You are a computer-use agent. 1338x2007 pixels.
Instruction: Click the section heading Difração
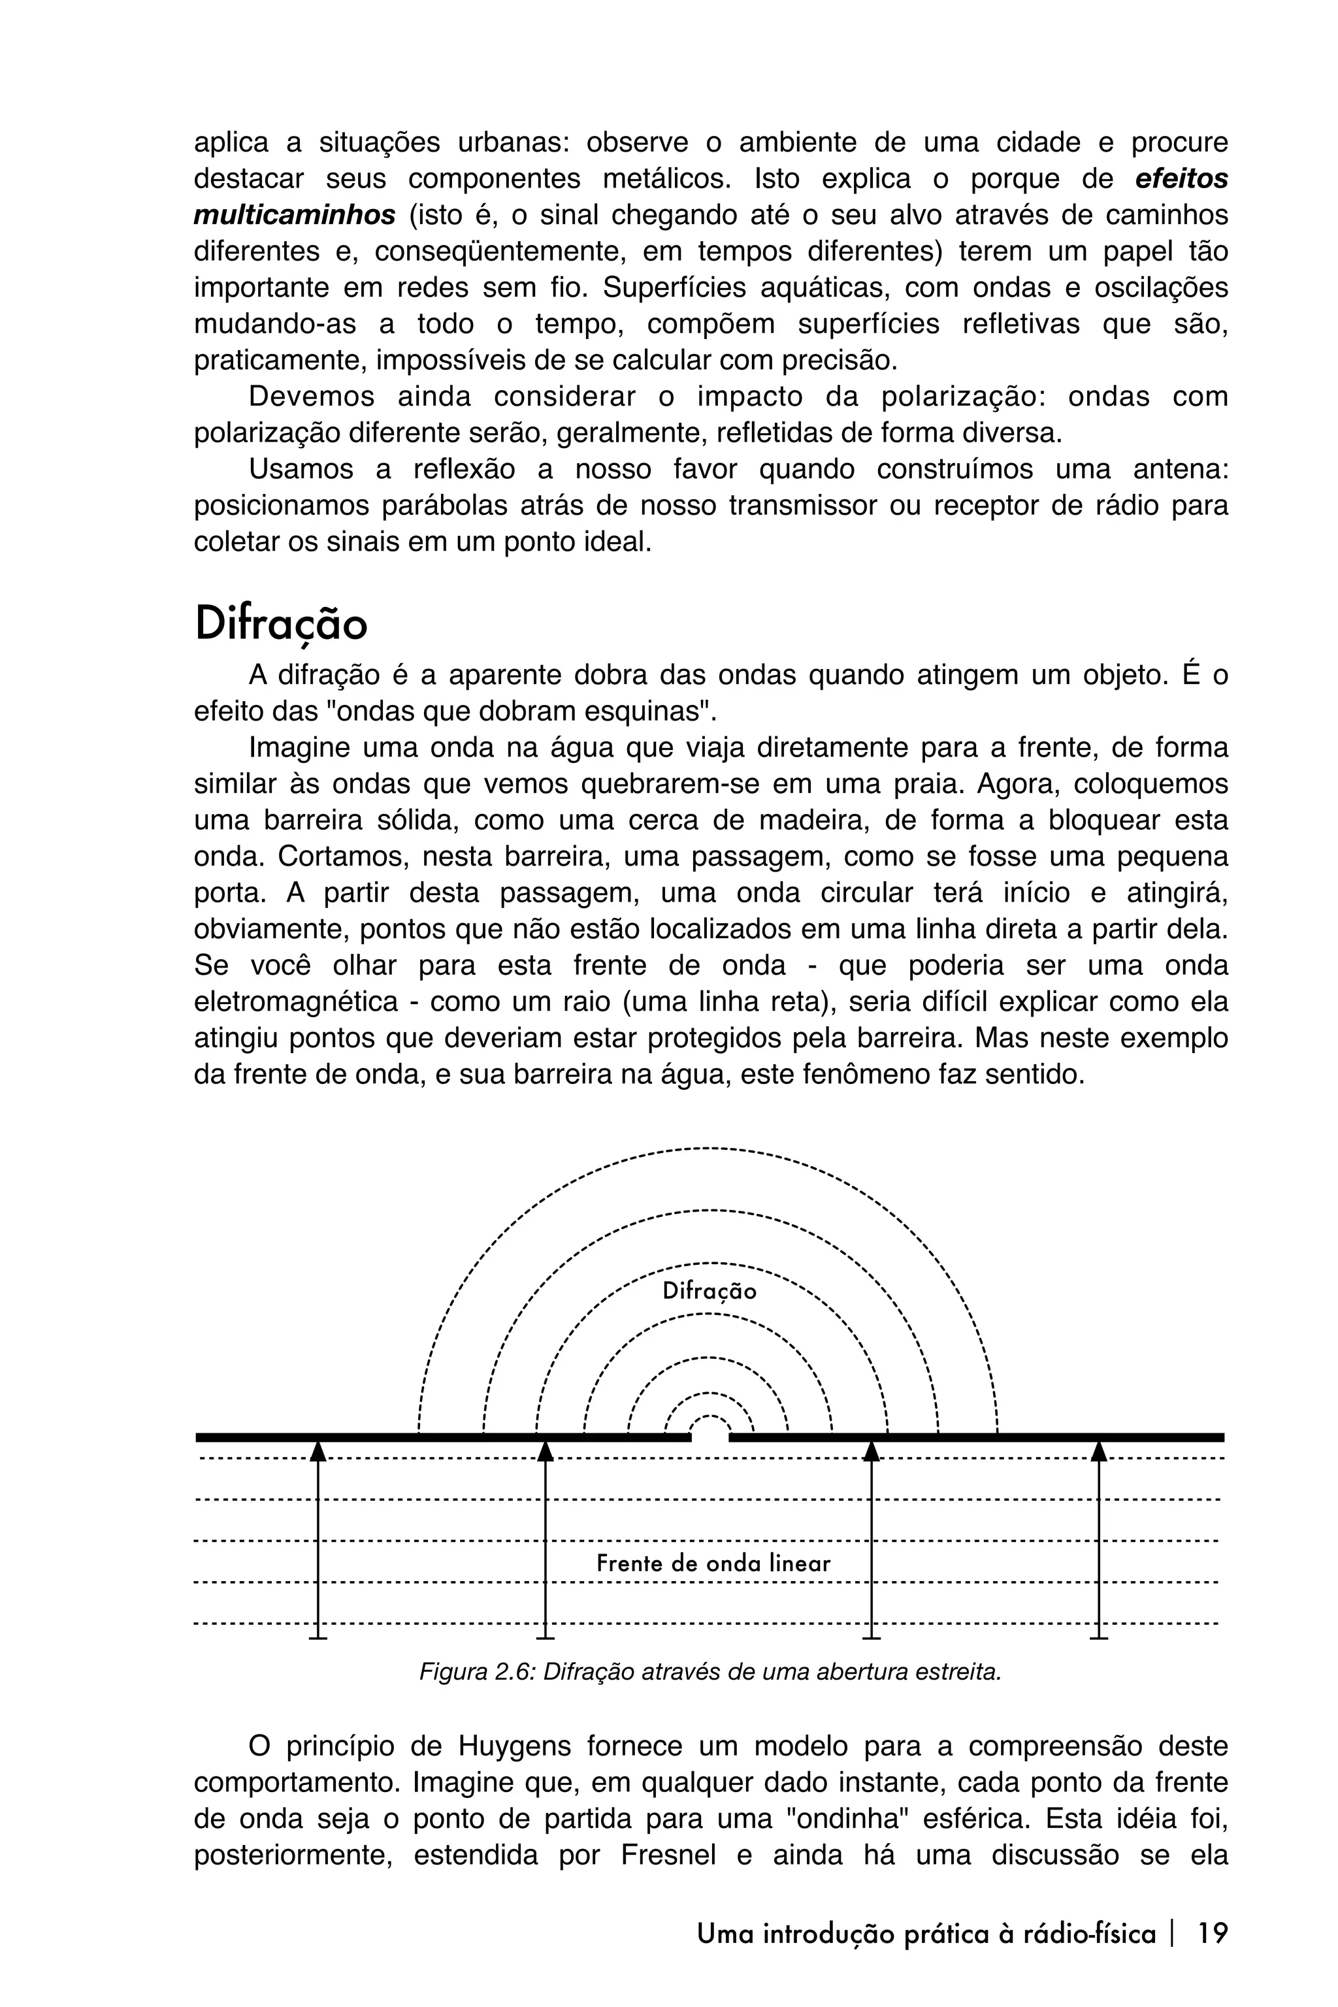281,624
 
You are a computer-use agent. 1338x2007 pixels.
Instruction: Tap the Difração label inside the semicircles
709,1291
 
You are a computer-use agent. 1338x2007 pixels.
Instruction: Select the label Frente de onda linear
713,1563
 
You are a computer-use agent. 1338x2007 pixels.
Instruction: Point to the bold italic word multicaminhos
295,215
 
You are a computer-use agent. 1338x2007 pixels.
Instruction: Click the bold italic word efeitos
1182,178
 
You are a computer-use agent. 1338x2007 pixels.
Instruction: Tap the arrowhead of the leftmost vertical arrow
318,1450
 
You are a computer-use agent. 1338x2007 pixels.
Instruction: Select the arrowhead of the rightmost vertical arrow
1099,1450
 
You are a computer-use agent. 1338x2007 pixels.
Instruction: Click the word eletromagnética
296,1002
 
